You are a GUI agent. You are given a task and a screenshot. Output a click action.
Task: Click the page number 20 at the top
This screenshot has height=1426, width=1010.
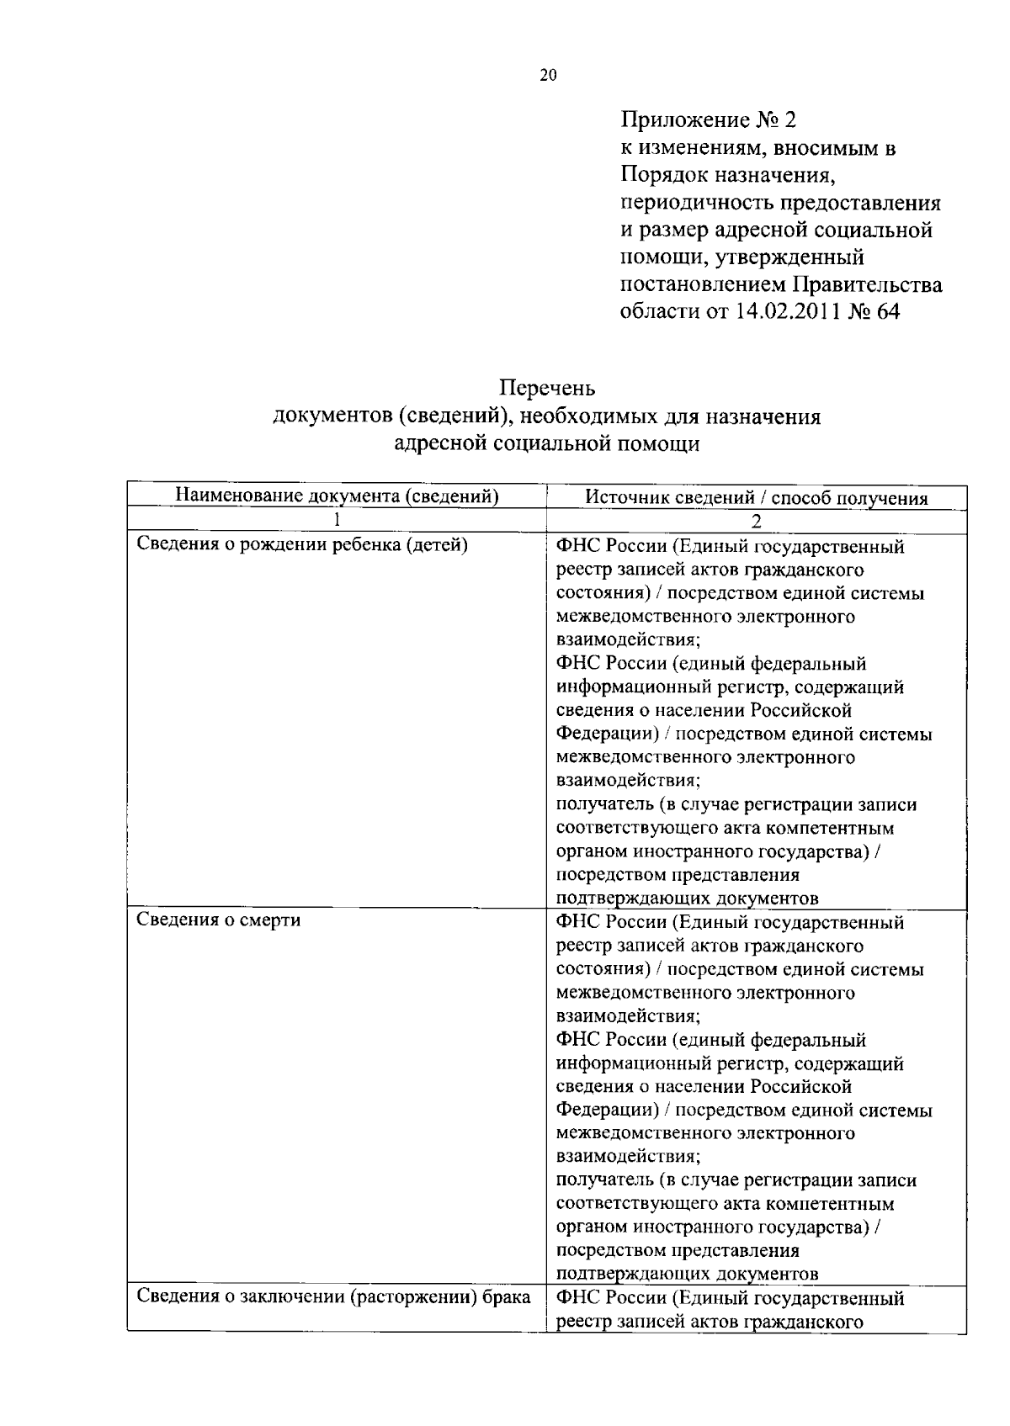[547, 76]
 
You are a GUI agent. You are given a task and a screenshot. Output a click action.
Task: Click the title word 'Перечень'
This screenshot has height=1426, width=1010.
[547, 388]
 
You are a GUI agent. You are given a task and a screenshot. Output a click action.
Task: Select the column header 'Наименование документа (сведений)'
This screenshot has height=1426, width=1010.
[337, 496]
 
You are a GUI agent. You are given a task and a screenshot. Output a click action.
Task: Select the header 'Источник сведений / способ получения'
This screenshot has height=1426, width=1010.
[756, 498]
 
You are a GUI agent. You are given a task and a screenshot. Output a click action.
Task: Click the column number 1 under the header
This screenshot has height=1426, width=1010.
[336, 521]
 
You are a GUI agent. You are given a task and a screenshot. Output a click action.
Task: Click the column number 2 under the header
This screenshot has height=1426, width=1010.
[756, 521]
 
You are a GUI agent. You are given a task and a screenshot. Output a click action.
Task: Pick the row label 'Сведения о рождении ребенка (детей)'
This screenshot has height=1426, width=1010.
[301, 544]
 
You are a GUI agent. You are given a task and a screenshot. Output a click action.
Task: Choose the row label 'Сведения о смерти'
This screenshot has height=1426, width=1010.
[218, 920]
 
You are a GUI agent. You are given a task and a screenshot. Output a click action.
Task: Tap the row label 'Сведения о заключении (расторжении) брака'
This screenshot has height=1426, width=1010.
[333, 1296]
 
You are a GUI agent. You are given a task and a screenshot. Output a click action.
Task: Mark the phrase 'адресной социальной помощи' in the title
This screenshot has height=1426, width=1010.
[547, 443]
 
